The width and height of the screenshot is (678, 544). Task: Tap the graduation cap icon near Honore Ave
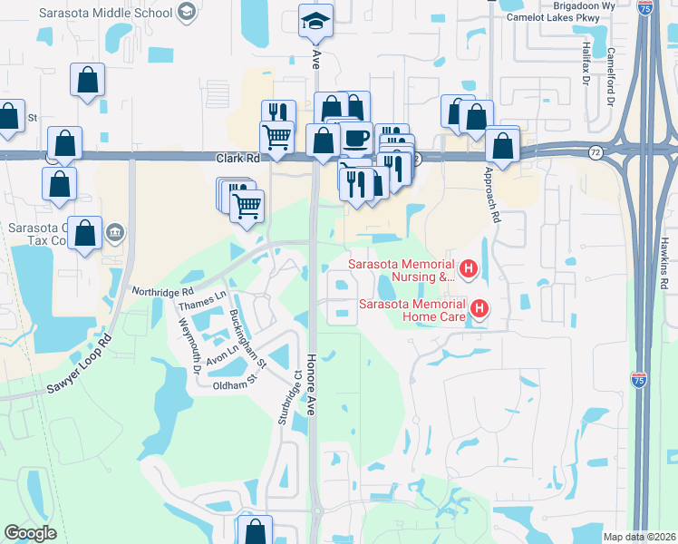316,21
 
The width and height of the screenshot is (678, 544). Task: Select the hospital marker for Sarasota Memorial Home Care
479,310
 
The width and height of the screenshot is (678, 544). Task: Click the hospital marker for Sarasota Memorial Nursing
469,268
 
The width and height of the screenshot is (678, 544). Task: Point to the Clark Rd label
237,158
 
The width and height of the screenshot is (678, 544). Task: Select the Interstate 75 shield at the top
644,6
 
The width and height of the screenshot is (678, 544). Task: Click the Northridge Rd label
163,293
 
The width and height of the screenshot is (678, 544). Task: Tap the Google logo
30,533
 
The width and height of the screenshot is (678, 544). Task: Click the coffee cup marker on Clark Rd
356,139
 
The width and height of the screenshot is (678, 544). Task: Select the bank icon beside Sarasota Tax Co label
115,233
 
